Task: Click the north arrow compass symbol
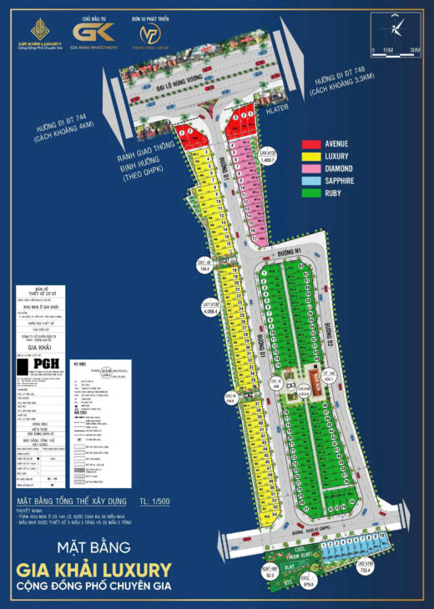coord(394,28)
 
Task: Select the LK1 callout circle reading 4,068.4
coord(209,306)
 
